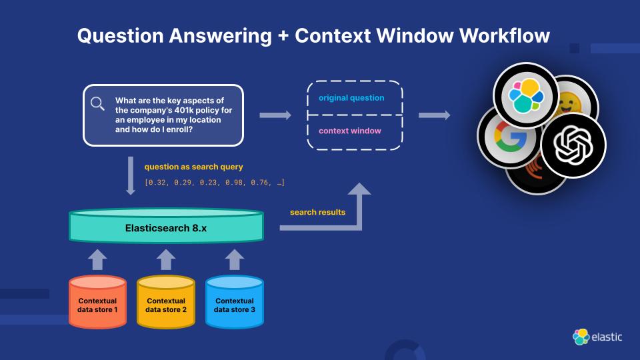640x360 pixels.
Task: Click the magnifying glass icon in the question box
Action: (98, 103)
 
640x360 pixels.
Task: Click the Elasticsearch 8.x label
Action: (166, 227)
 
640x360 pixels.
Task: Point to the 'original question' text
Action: (351, 98)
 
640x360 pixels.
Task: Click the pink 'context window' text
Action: (350, 131)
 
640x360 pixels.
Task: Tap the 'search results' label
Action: (317, 212)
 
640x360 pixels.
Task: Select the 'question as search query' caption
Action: (194, 167)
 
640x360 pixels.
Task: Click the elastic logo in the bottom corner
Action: (597, 337)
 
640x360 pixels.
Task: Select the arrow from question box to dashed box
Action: (275, 115)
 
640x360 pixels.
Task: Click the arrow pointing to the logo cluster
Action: (434, 115)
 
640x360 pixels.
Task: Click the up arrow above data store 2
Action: (166, 259)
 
